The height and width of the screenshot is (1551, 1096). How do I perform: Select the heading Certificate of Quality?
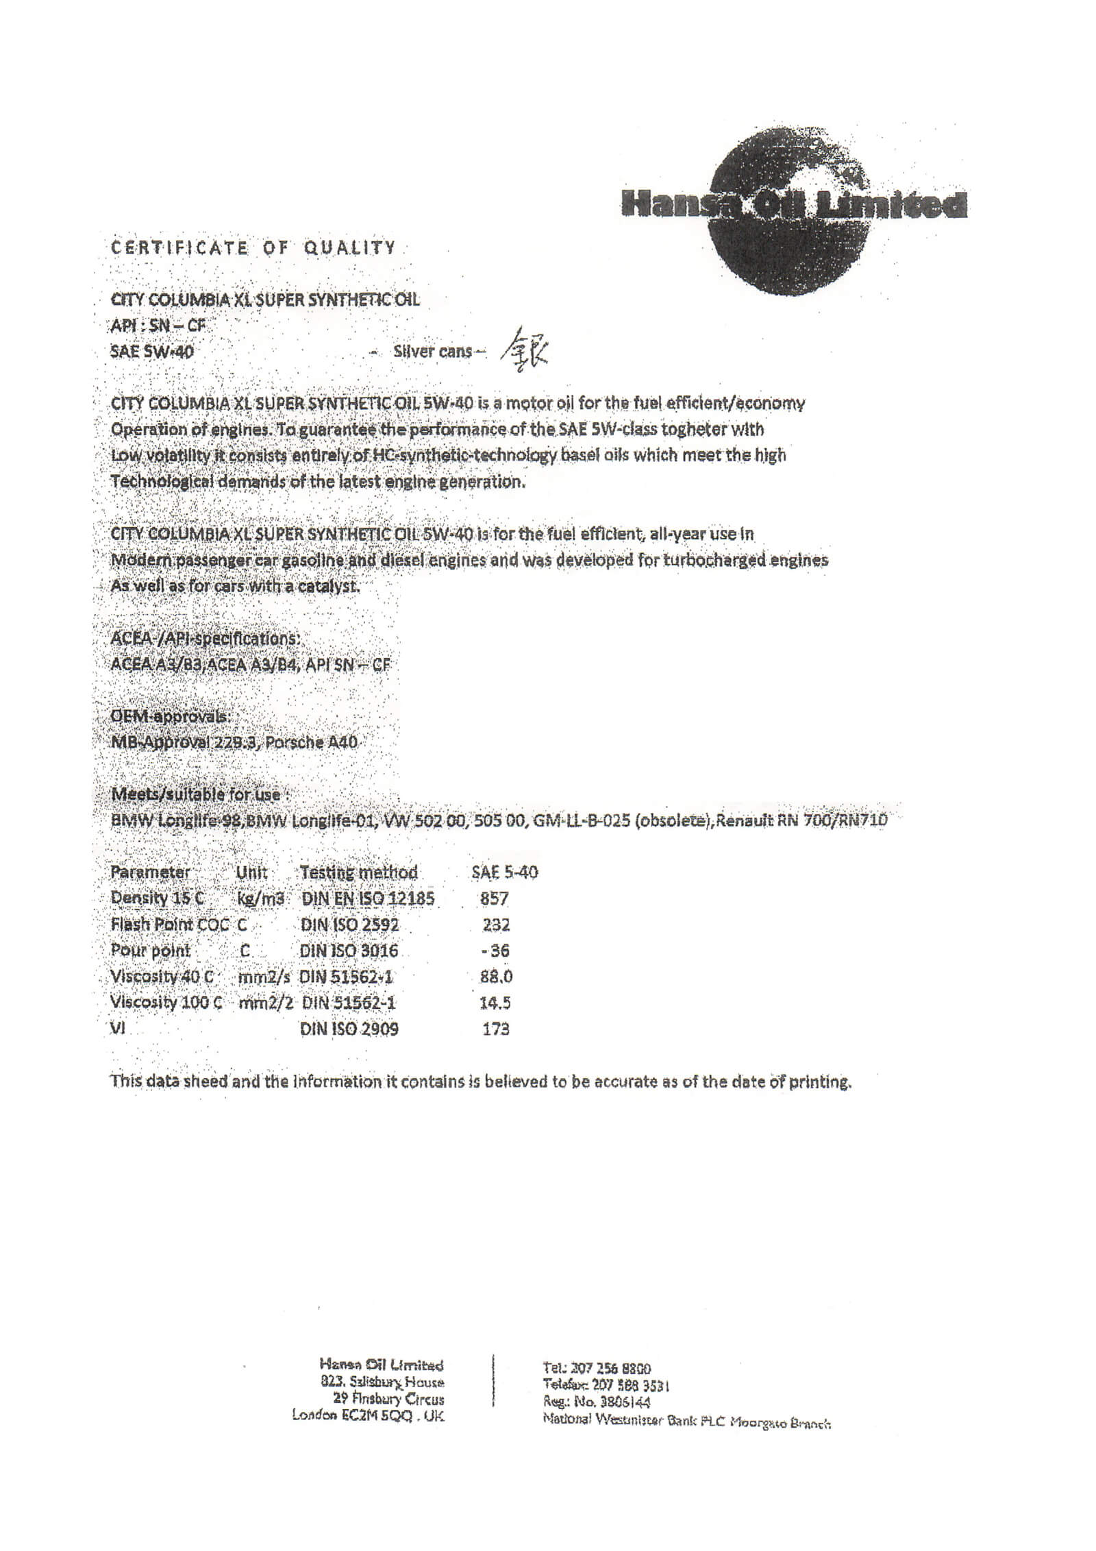point(253,247)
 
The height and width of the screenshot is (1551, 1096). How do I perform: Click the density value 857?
point(494,899)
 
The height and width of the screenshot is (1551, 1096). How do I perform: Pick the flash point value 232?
point(496,925)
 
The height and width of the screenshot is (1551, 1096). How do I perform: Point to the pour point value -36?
point(495,951)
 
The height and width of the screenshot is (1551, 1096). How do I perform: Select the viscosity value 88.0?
point(496,977)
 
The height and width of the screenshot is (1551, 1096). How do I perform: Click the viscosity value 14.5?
point(495,1003)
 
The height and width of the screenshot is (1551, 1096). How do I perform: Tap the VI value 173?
point(495,1029)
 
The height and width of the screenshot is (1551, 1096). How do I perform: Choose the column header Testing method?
point(358,872)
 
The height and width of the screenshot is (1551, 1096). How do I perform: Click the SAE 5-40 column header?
point(504,872)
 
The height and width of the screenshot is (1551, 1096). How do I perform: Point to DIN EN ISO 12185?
point(367,899)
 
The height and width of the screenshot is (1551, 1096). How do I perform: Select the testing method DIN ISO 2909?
point(349,1029)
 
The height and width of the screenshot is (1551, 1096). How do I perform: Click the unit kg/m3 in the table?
point(260,899)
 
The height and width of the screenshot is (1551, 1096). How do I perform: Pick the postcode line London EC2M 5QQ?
point(367,1415)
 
